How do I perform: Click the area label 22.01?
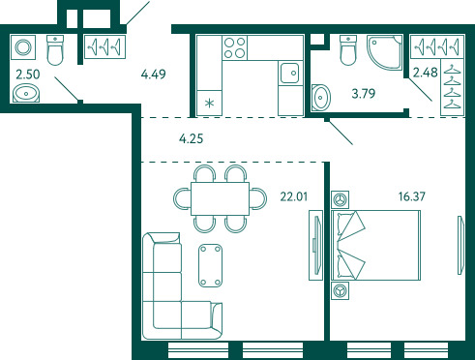294,196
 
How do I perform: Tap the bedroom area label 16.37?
412,196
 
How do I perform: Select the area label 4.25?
192,139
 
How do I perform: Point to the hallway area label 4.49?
154,75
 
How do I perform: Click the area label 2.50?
28,75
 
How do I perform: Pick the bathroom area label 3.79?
364,94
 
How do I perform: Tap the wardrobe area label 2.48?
426,73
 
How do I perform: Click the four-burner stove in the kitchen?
235,47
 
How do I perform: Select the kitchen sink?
290,73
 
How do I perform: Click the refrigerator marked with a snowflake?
210,103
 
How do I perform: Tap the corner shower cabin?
384,52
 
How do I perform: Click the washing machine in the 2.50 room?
23,47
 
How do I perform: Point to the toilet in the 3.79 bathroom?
348,50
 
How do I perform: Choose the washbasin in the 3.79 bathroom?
321,98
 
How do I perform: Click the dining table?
220,198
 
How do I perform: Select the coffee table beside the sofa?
210,265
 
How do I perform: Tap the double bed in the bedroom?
376,245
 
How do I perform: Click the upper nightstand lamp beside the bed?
340,199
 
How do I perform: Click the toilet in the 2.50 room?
55,50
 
